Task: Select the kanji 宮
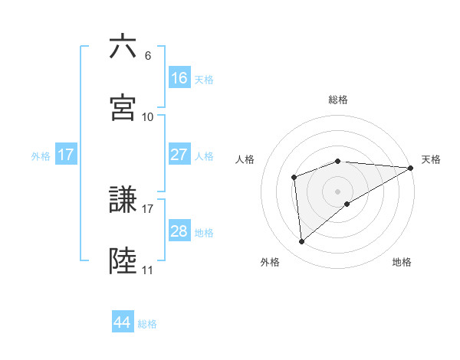[123, 107]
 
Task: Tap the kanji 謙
[123, 201]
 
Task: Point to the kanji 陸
[123, 261]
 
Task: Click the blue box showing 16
[179, 77]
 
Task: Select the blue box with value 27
[179, 155]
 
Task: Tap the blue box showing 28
[179, 231]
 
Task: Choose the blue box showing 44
[123, 322]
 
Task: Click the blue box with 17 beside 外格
[66, 155]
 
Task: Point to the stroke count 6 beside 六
[148, 56]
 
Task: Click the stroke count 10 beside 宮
[148, 117]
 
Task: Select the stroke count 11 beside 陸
[147, 270]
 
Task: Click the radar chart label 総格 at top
[338, 100]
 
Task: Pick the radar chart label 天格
[431, 159]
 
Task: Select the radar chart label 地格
[402, 262]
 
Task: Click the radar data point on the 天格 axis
[410, 168]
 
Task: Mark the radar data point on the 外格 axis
[302, 242]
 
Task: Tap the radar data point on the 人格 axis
[294, 178]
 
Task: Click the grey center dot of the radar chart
[338, 191]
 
